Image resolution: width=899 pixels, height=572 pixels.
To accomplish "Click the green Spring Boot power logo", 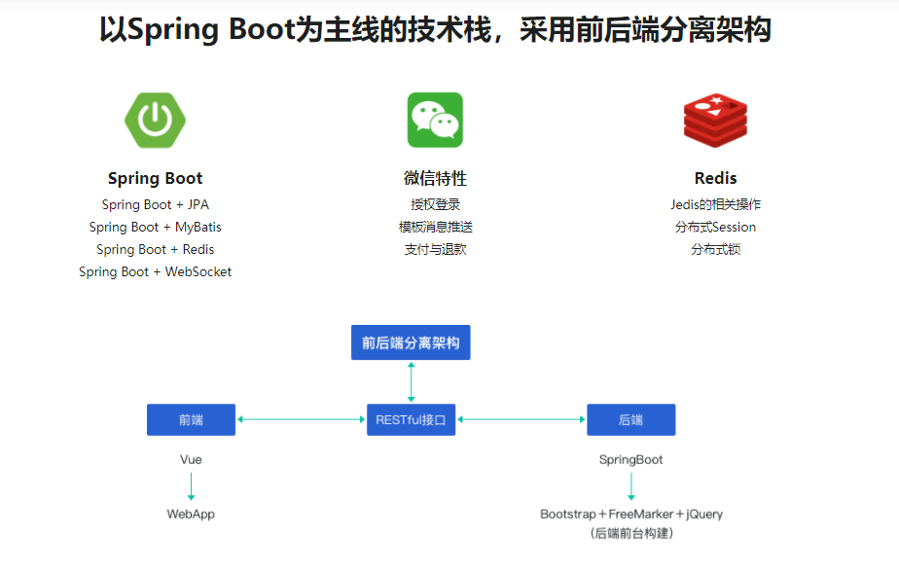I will [155, 120].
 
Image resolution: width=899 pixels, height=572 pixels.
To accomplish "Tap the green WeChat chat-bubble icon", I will [435, 120].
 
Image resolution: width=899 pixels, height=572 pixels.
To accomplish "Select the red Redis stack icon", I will [715, 120].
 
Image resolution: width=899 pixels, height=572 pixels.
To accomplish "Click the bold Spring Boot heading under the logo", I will [155, 178].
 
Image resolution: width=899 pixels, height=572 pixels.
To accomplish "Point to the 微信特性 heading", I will [435, 178].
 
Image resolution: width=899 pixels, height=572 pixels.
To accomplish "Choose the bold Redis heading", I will [715, 178].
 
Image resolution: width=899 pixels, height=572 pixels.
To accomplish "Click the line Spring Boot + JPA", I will [155, 204].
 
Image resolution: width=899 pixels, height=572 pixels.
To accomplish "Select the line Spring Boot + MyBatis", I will [155, 227].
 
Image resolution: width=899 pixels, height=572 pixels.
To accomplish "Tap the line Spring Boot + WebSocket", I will [155, 271].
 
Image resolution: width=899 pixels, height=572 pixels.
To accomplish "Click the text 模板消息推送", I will [435, 227].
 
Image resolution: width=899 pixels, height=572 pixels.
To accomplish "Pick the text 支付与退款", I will [435, 249].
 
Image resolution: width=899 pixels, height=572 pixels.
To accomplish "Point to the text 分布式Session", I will [715, 227].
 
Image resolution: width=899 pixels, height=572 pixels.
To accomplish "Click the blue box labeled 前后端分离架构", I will [411, 342].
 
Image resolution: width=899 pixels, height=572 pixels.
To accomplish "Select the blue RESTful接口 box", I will [411, 419].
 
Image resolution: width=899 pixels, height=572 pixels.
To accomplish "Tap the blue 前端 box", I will [191, 419].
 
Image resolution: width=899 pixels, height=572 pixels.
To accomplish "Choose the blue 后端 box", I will [630, 419].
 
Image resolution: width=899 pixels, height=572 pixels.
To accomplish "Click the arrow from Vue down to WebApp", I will [191, 486].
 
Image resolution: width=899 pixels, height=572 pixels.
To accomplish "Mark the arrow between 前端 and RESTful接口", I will [301, 419].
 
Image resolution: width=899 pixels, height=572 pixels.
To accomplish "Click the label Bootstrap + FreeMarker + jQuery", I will [631, 514].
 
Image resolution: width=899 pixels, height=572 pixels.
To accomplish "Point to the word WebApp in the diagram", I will [191, 514].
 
